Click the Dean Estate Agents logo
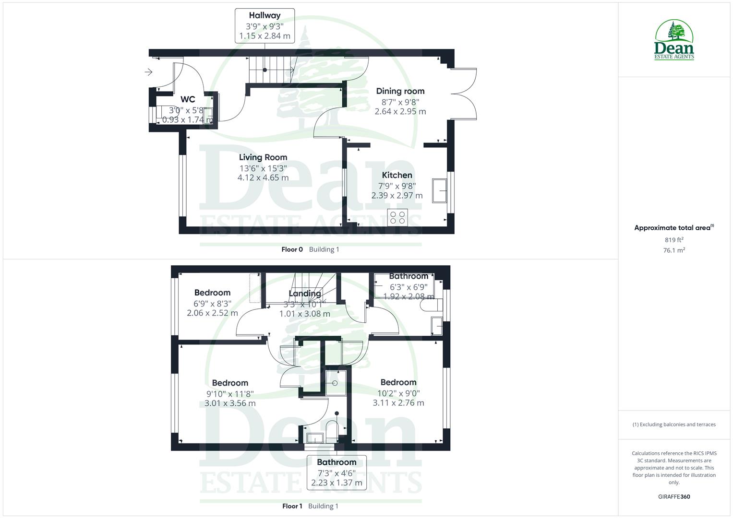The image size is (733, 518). click(674, 40)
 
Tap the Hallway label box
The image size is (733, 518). click(264, 26)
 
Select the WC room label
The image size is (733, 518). click(188, 99)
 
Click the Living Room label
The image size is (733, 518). click(263, 157)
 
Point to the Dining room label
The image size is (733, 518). click(400, 91)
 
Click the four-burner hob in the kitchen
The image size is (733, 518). click(397, 217)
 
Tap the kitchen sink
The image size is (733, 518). click(439, 190)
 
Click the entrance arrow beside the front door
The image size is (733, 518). click(149, 72)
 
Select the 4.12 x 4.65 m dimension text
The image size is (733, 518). click(263, 178)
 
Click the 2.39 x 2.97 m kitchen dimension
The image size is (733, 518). click(397, 196)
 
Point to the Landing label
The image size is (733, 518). click(305, 294)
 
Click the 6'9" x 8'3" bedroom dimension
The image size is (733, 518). click(212, 304)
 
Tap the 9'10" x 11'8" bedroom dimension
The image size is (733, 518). click(230, 394)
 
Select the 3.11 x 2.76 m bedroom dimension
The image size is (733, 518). click(398, 403)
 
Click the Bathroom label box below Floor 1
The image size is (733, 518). click(336, 472)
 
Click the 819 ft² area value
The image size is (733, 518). click(674, 240)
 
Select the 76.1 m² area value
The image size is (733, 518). click(674, 250)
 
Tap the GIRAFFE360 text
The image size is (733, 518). click(674, 497)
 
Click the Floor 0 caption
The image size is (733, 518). click(292, 249)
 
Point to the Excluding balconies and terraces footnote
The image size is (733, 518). click(674, 424)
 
